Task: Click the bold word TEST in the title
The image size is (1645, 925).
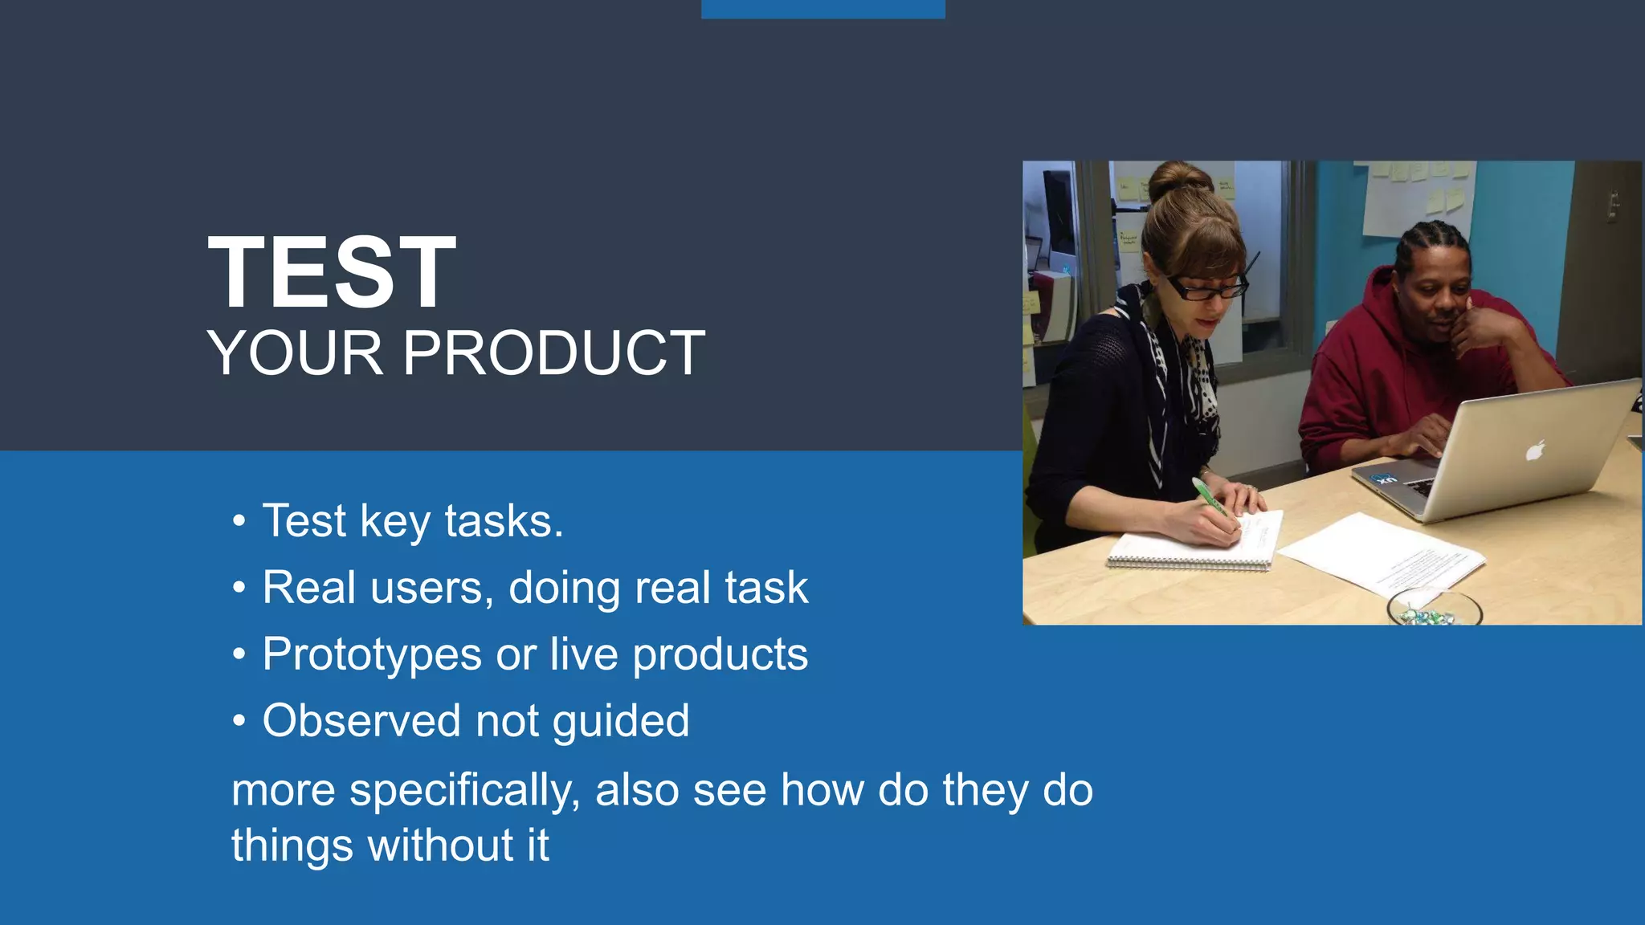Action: (x=332, y=273)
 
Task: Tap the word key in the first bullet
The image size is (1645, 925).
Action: (x=395, y=522)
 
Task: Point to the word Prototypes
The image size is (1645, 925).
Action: (x=372, y=654)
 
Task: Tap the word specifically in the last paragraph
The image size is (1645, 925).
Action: (x=464, y=790)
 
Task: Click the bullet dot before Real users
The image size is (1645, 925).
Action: (x=239, y=589)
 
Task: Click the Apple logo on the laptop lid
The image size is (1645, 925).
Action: (x=1535, y=450)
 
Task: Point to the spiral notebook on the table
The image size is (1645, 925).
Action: (x=1193, y=543)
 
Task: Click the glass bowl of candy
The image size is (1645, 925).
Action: (x=1434, y=609)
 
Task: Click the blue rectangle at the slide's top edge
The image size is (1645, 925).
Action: (x=822, y=9)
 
